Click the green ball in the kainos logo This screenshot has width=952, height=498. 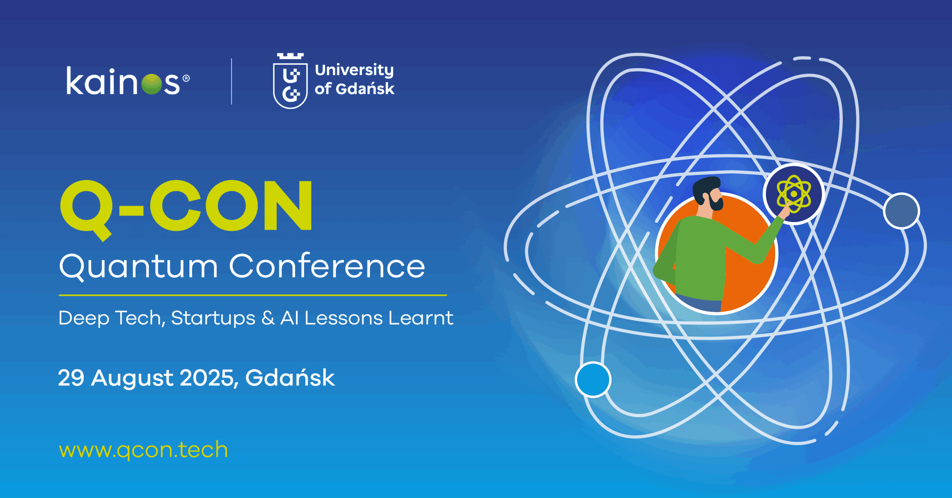tap(152, 84)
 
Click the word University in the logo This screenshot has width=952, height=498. tap(354, 70)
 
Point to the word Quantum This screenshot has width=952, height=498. tap(138, 267)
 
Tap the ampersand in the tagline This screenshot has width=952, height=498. tap(268, 318)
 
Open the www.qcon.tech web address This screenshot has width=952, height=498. tap(144, 450)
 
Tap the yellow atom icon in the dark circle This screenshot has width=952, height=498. tap(794, 194)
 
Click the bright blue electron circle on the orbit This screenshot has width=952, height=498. tap(593, 379)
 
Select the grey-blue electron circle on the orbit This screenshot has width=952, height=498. tap(901, 211)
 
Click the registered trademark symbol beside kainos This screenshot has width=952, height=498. tap(186, 78)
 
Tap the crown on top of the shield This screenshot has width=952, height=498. tap(290, 56)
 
